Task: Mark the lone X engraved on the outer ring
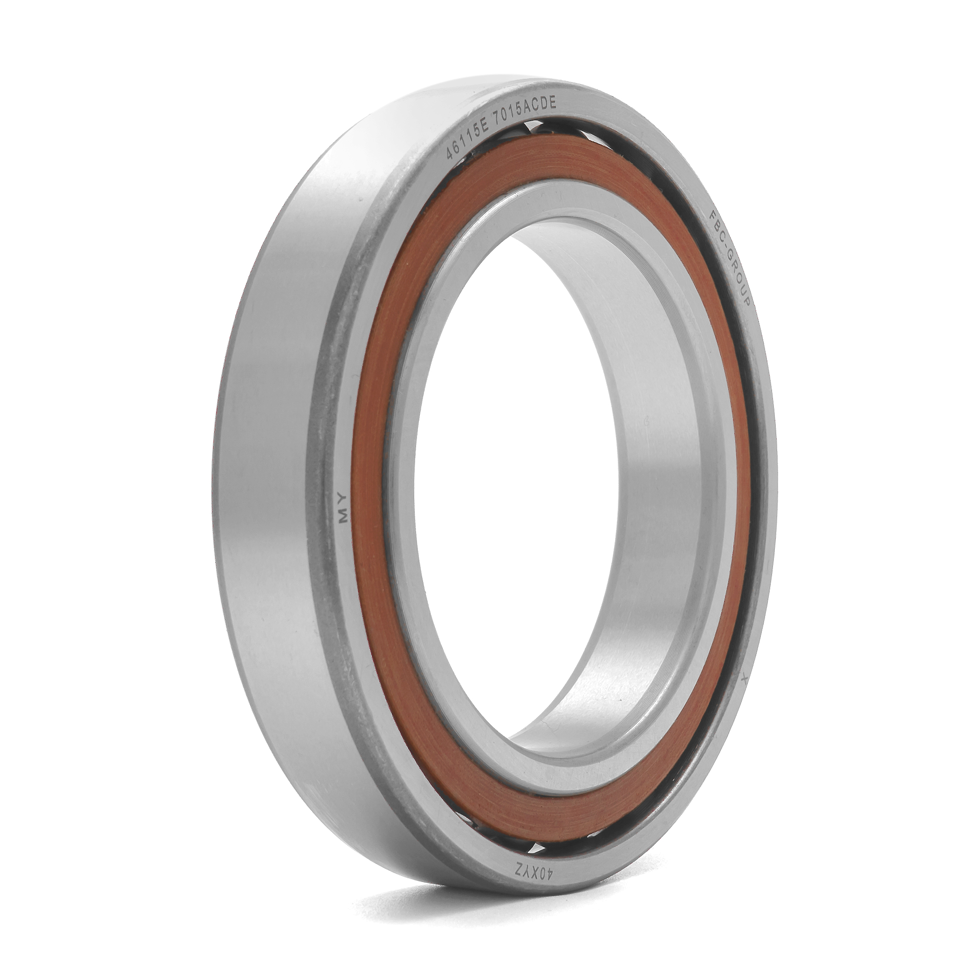coord(744,677)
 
